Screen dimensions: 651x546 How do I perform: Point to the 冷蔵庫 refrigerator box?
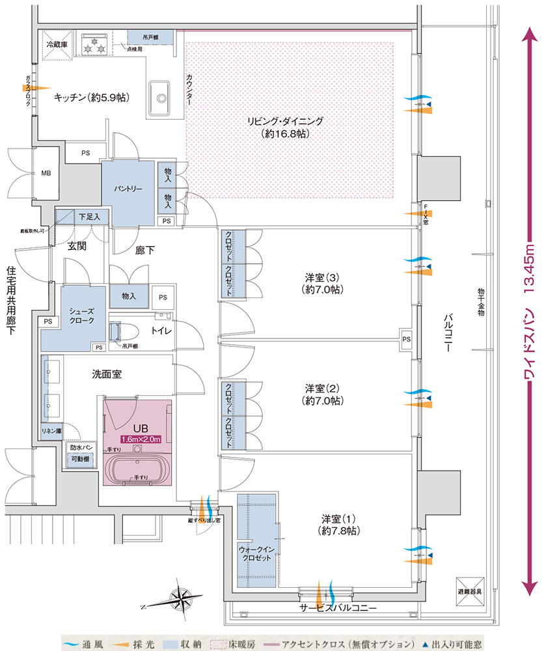point(59,46)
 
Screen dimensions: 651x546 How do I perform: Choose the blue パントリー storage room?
point(128,188)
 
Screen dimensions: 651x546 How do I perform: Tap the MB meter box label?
point(46,174)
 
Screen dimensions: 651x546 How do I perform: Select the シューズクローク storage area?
point(82,316)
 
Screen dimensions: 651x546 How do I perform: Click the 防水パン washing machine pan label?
point(81,449)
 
